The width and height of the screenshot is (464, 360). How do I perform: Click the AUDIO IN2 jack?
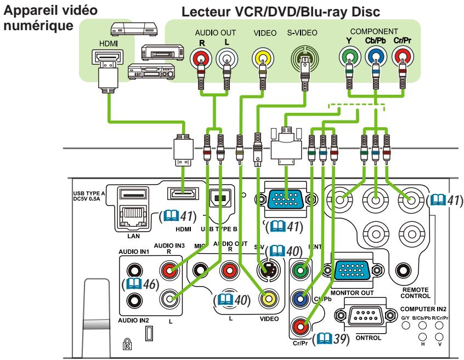pyautogui.click(x=133, y=299)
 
